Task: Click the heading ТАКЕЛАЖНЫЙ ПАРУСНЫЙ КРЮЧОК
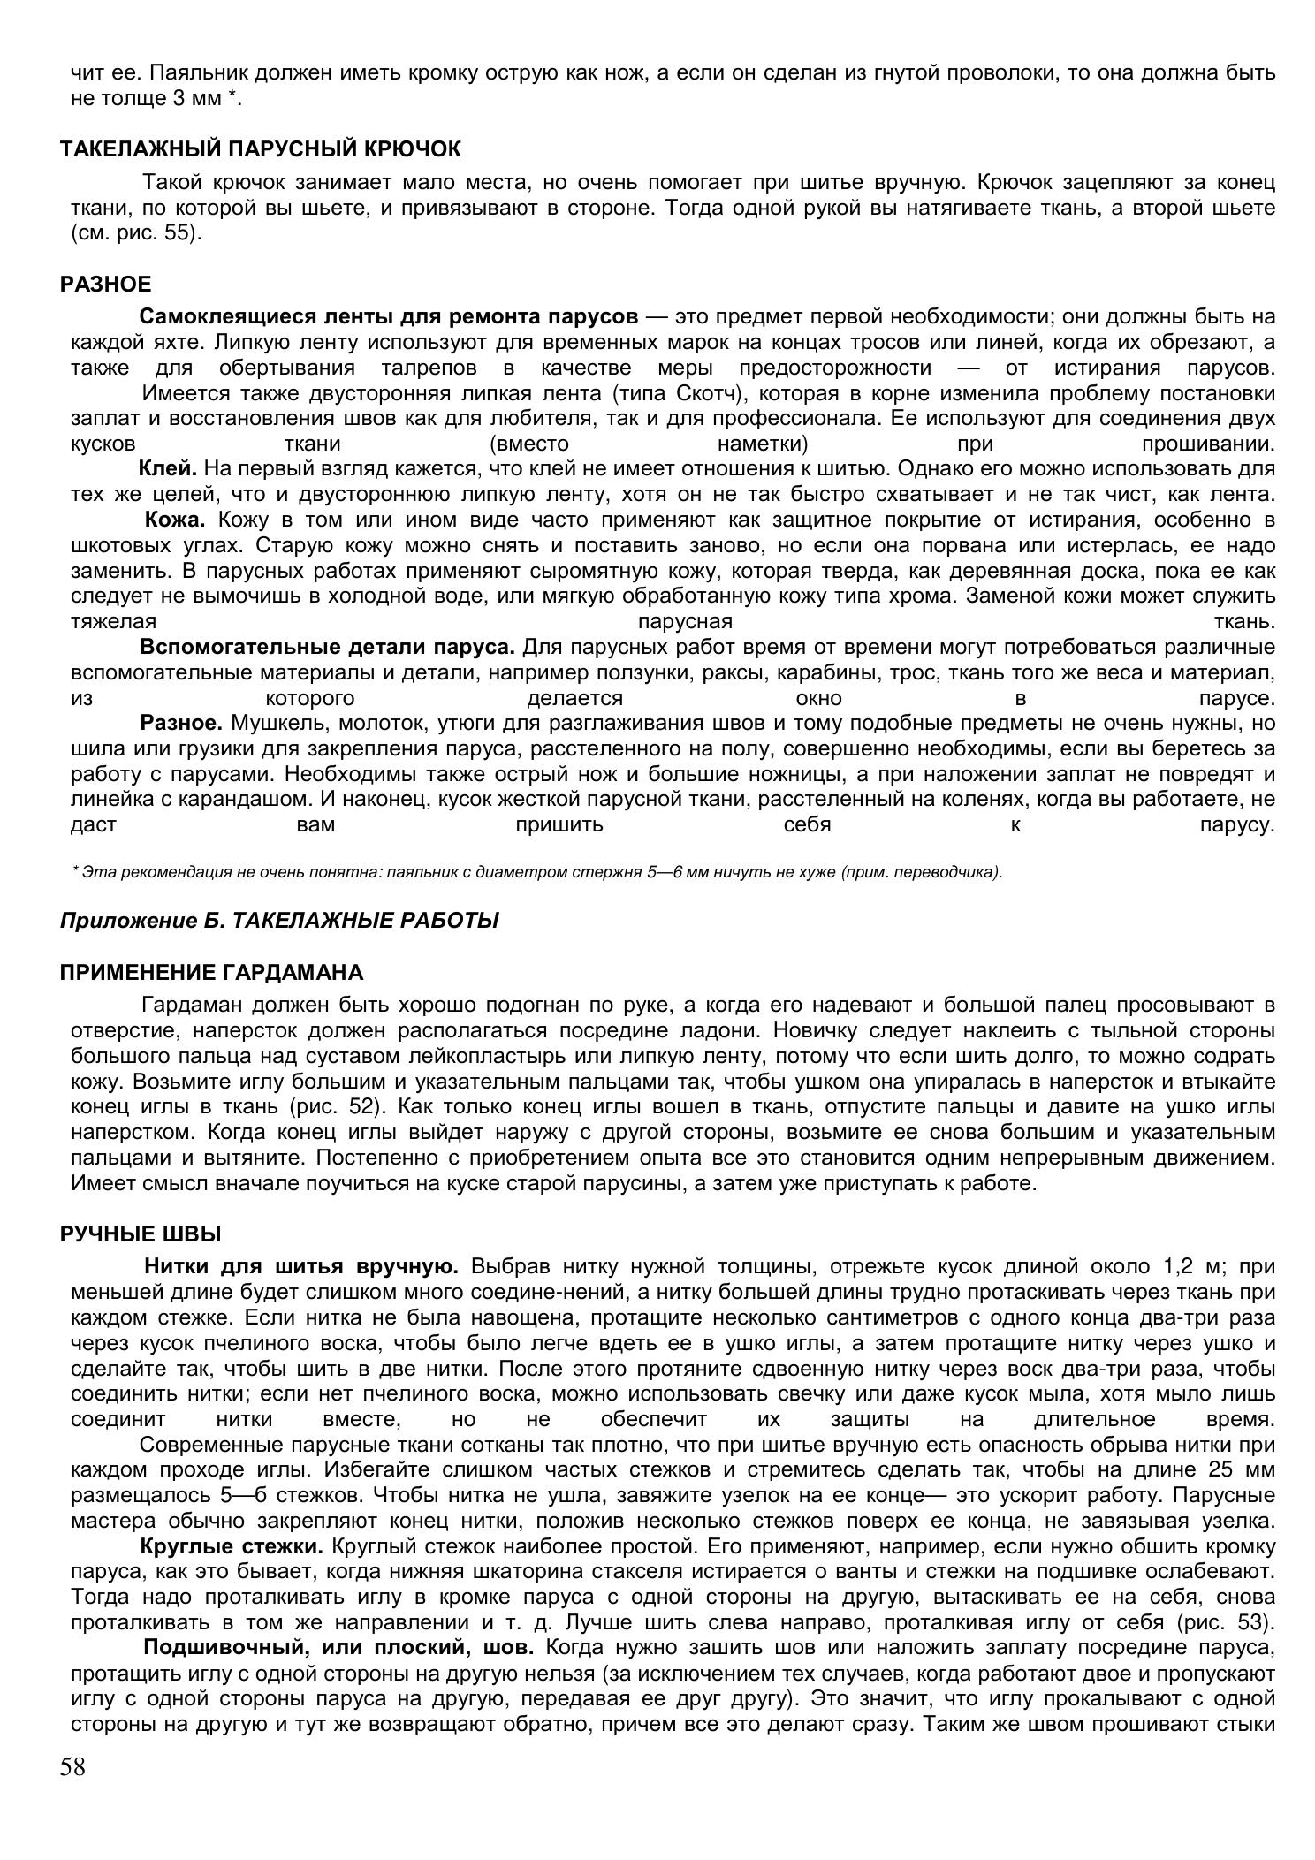tap(261, 148)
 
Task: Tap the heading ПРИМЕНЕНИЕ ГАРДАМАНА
tap(211, 973)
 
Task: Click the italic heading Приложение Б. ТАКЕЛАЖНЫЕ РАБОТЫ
tap(279, 921)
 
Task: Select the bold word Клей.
tap(167, 468)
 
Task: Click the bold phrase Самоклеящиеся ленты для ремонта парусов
tap(388, 316)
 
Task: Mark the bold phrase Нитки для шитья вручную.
tap(300, 1266)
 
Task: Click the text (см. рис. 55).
tap(136, 234)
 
